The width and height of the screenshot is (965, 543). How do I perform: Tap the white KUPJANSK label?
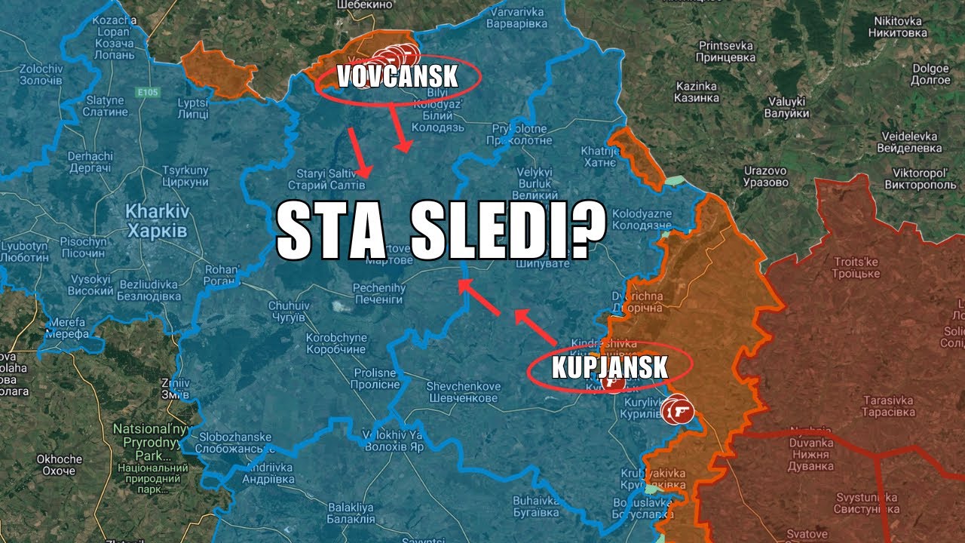pyautogui.click(x=609, y=367)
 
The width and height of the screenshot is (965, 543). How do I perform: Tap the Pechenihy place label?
pyautogui.click(x=378, y=294)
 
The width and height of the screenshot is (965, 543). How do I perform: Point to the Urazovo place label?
pyautogui.click(x=766, y=176)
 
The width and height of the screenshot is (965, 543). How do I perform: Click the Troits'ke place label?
pyautogui.click(x=856, y=267)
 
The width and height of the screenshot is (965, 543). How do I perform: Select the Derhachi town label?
pyautogui.click(x=90, y=161)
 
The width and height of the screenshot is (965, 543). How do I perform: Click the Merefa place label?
pyautogui.click(x=66, y=327)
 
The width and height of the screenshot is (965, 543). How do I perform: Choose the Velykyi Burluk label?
pyautogui.click(x=535, y=178)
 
